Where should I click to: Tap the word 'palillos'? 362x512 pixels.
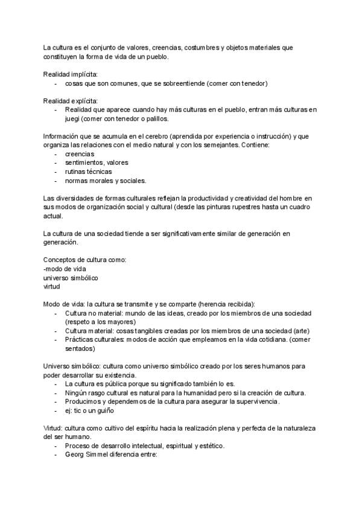pyautogui.click(x=153, y=118)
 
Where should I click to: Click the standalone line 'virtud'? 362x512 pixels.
pyautogui.click(x=52, y=287)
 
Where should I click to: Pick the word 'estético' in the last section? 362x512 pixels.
pyautogui.click(x=210, y=446)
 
